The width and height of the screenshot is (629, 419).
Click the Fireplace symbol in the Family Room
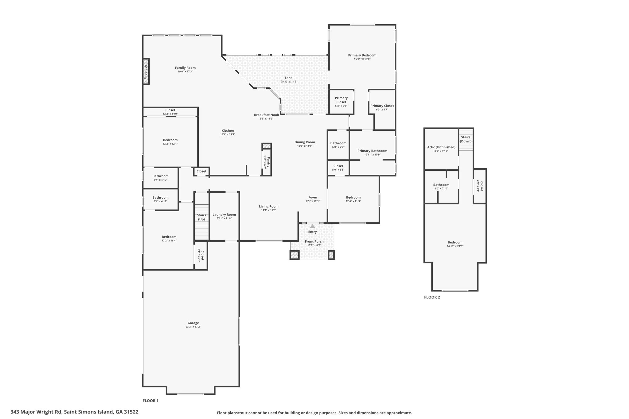pyautogui.click(x=147, y=71)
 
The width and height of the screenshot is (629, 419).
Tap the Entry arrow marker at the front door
pyautogui.click(x=312, y=226)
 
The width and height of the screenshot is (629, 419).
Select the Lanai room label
pyautogui.click(x=289, y=78)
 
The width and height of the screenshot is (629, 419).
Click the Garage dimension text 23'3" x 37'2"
pyautogui.click(x=193, y=327)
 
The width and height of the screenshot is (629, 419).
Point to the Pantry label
pyautogui.click(x=268, y=162)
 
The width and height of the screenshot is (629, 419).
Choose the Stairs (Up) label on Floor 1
pyautogui.click(x=201, y=217)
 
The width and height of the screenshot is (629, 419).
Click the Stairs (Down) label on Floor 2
pyautogui.click(x=466, y=139)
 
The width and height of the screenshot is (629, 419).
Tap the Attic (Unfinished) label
pyautogui.click(x=441, y=147)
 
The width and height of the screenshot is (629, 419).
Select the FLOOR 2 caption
pyautogui.click(x=432, y=297)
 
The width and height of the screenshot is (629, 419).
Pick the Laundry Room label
pyautogui.click(x=224, y=215)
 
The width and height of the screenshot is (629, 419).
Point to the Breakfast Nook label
pyautogui.click(x=266, y=115)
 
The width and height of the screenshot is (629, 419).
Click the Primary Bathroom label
pyautogui.click(x=372, y=151)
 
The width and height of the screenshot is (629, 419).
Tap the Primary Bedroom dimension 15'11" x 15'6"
pyautogui.click(x=362, y=59)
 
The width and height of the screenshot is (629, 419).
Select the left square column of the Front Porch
pyautogui.click(x=295, y=255)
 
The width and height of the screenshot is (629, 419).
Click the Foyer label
pyautogui.click(x=313, y=197)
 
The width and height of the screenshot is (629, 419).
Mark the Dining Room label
pyautogui.click(x=305, y=142)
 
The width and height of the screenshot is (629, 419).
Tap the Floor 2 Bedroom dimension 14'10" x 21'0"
pyautogui.click(x=455, y=246)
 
